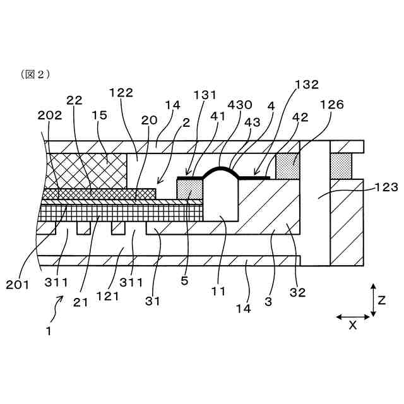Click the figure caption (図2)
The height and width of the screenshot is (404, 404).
35,74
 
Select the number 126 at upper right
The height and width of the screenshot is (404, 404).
331,105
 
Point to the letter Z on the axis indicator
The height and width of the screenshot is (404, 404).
381,301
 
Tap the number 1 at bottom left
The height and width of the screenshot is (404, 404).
48,330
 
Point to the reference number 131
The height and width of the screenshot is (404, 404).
205,95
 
